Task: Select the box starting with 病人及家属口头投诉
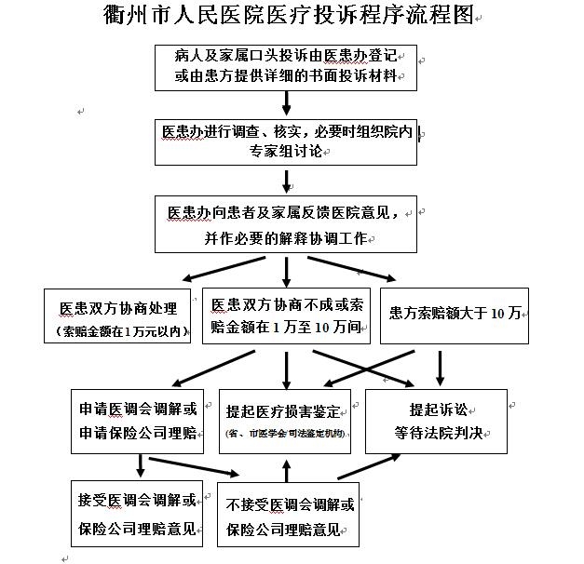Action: tap(285, 65)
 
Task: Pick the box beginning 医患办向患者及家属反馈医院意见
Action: tap(285, 224)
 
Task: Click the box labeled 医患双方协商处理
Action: tap(118, 316)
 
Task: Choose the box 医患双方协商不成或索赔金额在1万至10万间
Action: tap(286, 315)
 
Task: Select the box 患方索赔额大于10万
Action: tap(455, 314)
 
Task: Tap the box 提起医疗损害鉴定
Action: tap(286, 421)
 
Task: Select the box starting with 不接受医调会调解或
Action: tap(290, 519)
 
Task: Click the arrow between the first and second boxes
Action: tap(286, 104)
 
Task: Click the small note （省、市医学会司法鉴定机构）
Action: tap(284, 434)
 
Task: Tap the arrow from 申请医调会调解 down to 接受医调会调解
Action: tap(140, 466)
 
